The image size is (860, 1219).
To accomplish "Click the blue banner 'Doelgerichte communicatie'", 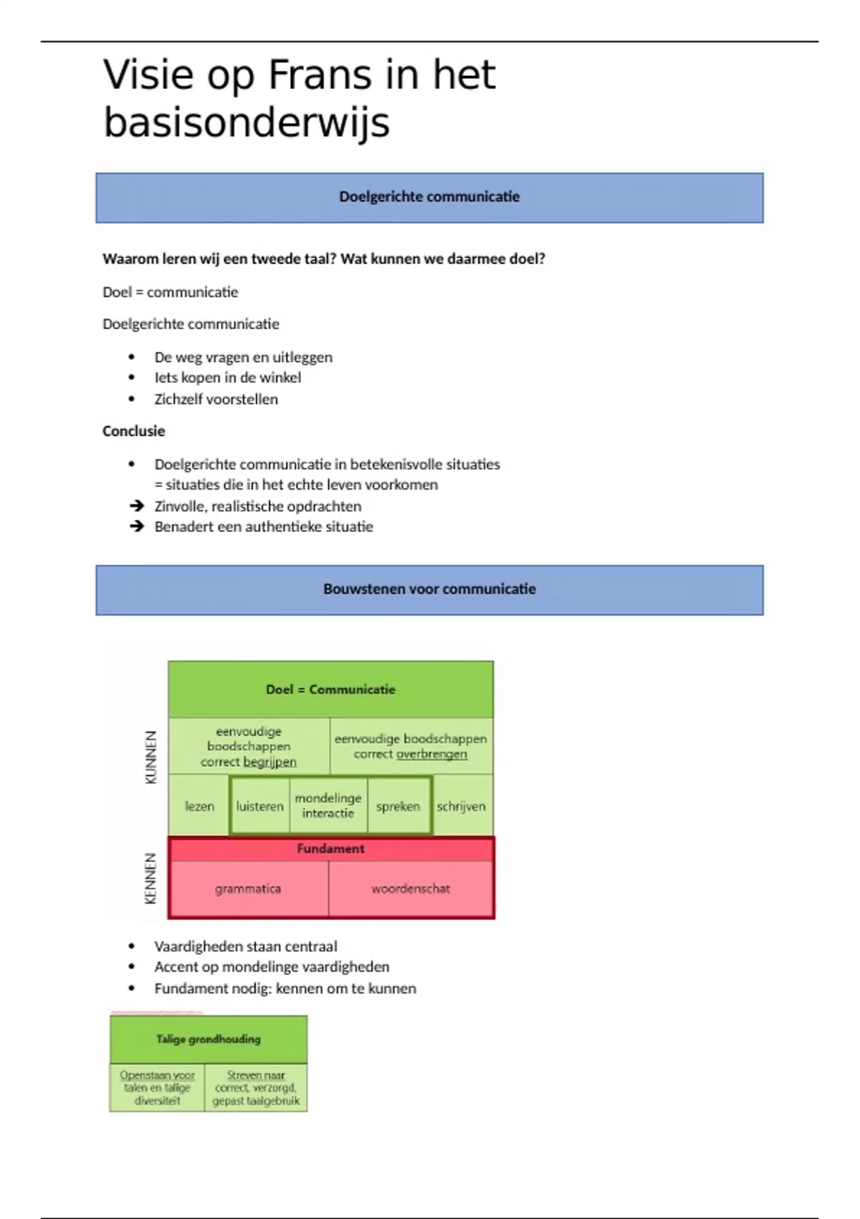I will [429, 197].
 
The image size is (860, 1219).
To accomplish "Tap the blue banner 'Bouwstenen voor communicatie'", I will [429, 589].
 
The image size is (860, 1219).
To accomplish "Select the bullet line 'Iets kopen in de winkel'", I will [227, 378].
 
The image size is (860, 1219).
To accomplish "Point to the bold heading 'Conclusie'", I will [134, 431].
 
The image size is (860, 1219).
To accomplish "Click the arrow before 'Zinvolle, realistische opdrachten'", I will [137, 506].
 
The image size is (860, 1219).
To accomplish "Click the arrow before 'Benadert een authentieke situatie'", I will [137, 527].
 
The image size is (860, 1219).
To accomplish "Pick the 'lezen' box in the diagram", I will [199, 806].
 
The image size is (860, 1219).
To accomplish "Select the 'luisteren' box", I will [259, 806].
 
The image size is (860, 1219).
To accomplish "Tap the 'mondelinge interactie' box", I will [328, 805].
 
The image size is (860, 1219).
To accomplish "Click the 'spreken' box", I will [398, 806].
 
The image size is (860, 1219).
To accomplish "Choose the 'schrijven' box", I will [462, 806].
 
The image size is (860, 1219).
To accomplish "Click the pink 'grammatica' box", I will [248, 889].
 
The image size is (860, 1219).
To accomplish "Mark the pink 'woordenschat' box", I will [411, 889].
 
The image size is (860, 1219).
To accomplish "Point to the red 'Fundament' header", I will [330, 849].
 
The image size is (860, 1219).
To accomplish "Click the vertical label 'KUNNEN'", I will [150, 757].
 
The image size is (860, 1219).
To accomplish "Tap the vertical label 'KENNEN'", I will [150, 878].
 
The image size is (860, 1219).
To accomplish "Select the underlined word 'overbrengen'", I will [431, 754].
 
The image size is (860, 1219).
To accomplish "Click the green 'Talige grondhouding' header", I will [209, 1039].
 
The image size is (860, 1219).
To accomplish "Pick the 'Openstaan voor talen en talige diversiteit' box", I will [157, 1088].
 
